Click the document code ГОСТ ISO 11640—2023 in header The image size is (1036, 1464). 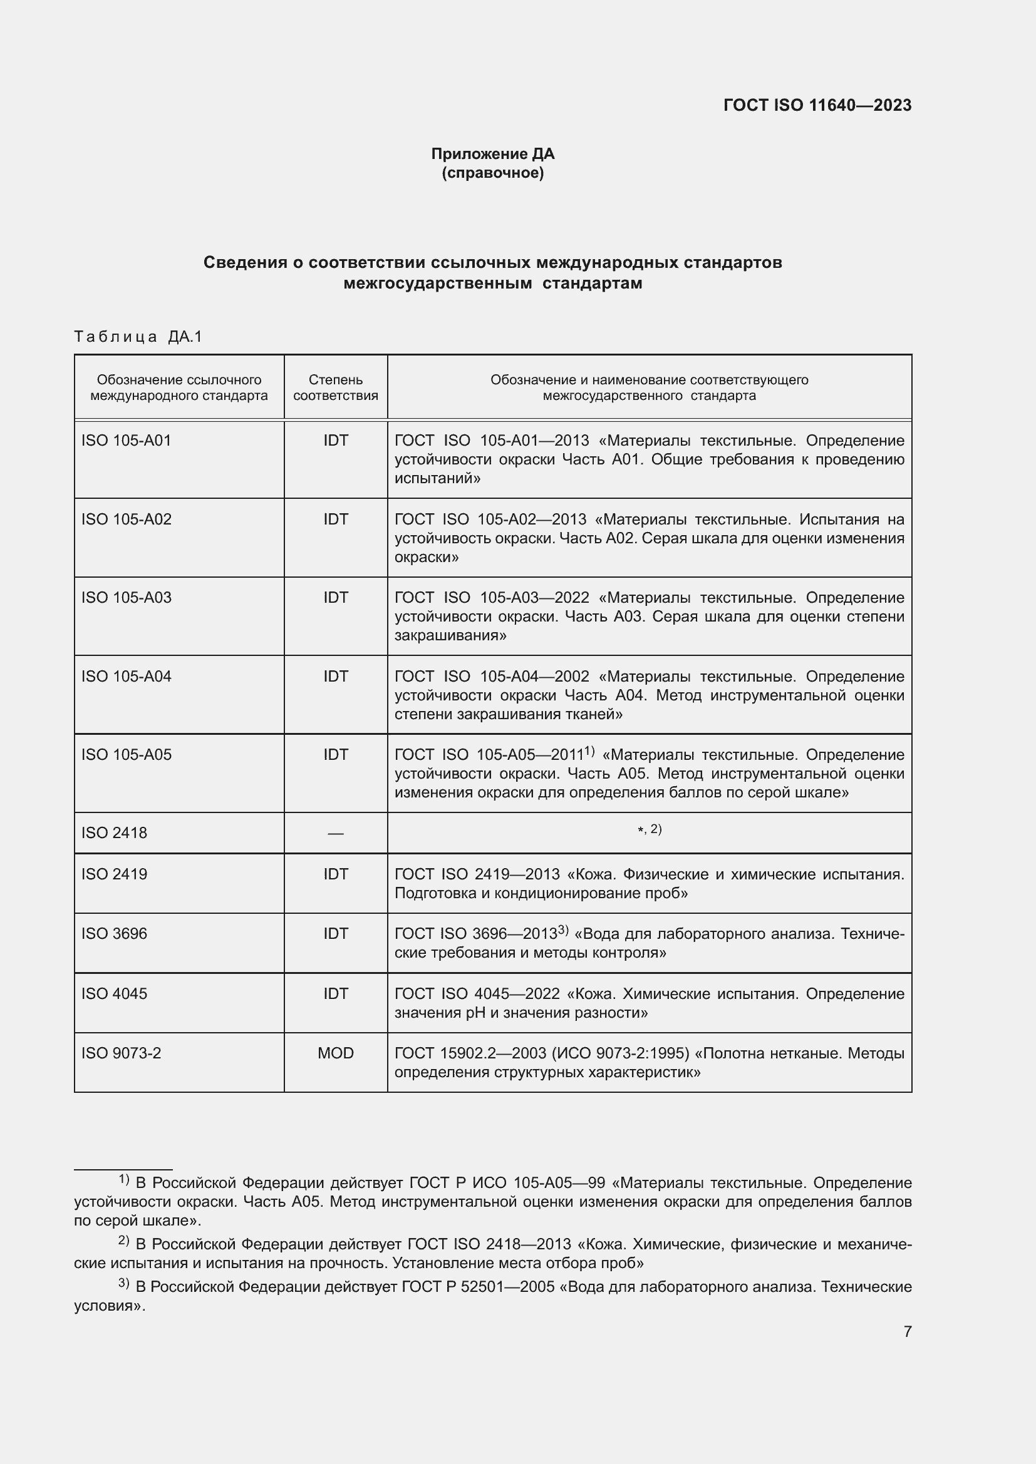pyautogui.click(x=817, y=105)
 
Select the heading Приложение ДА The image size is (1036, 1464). pyautogui.click(x=492, y=154)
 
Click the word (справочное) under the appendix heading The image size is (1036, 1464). pyautogui.click(x=492, y=173)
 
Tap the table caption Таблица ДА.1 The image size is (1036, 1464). pyautogui.click(x=138, y=336)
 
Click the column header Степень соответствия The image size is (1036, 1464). pyautogui.click(x=336, y=387)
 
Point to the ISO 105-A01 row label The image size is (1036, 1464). pyautogui.click(x=127, y=441)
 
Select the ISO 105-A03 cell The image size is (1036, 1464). pyautogui.click(x=127, y=598)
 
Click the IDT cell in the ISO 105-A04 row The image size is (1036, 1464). pyautogui.click(x=336, y=676)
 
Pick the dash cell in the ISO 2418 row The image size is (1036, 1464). pyautogui.click(x=336, y=833)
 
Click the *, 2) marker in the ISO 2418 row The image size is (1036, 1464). pyautogui.click(x=650, y=829)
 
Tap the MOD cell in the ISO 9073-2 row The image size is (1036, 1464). pyautogui.click(x=336, y=1053)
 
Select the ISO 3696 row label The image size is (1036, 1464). pyautogui.click(x=114, y=933)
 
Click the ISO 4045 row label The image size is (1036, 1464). pyautogui.click(x=114, y=993)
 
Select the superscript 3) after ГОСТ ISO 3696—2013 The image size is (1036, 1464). pyautogui.click(x=562, y=930)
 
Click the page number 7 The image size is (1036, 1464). pyautogui.click(x=907, y=1331)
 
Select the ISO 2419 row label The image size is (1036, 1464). pyautogui.click(x=114, y=874)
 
